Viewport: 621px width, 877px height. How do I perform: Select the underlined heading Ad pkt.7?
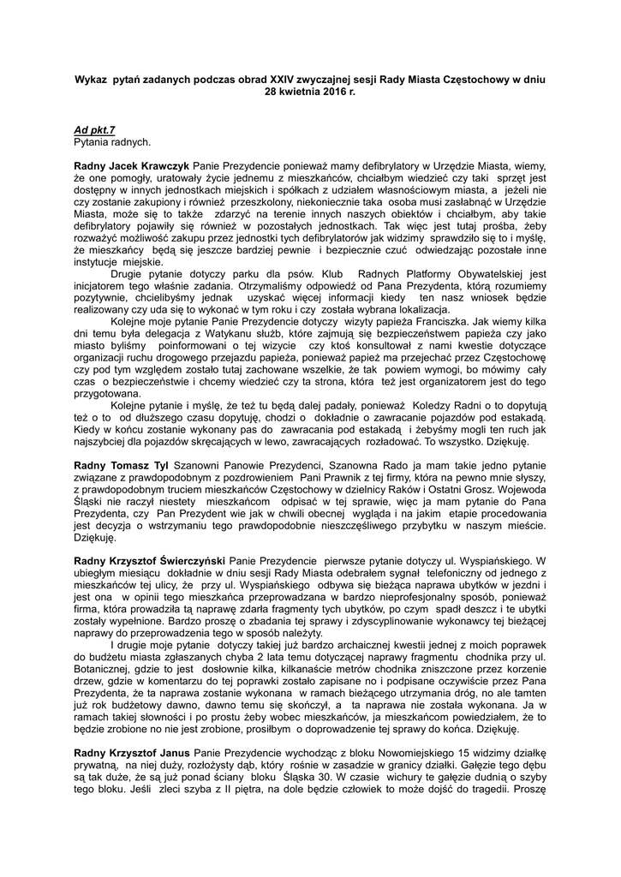pos(93,128)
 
